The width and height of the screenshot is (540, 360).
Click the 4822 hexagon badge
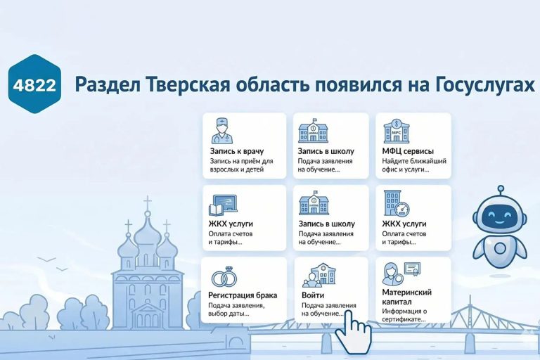(x=34, y=84)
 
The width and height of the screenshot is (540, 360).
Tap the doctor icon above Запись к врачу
(x=223, y=131)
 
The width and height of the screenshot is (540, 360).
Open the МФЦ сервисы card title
(x=408, y=150)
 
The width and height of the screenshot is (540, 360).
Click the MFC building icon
(x=396, y=131)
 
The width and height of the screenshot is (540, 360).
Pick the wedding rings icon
(x=224, y=276)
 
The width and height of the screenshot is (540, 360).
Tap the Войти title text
(x=311, y=296)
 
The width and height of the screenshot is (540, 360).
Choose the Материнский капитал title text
(x=406, y=296)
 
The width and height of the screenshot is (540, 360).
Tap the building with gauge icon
(x=396, y=204)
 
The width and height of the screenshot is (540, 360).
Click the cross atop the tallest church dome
(x=148, y=203)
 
